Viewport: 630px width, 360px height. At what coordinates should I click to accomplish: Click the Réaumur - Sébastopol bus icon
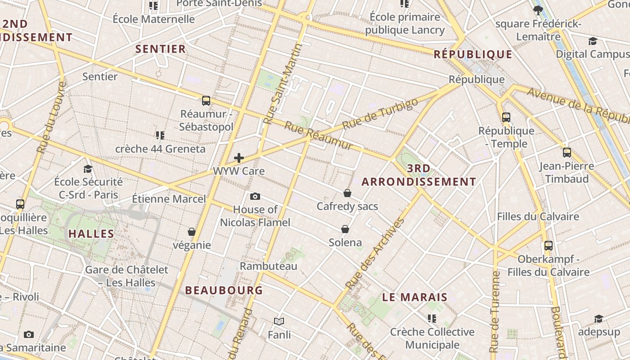(x=206, y=101)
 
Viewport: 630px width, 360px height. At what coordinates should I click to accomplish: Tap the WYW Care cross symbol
(x=239, y=158)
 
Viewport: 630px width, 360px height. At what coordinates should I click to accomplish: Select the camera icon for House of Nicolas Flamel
(x=255, y=197)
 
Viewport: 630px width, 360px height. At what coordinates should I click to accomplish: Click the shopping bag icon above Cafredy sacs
(x=347, y=193)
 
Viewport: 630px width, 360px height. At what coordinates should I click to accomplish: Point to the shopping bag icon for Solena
(x=345, y=229)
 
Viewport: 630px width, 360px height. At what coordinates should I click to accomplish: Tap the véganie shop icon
(x=192, y=232)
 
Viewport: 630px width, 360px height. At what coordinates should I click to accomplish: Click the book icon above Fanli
(x=279, y=321)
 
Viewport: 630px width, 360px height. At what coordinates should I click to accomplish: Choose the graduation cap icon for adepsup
(x=598, y=319)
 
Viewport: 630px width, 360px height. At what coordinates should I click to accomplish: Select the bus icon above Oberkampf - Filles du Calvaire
(x=548, y=246)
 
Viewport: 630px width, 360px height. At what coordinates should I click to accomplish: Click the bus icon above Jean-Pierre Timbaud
(x=567, y=153)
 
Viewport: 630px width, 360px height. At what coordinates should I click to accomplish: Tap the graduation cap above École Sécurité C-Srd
(x=88, y=169)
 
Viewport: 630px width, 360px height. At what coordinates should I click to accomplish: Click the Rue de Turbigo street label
(x=380, y=114)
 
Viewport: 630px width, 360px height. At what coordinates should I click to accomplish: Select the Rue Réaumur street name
(x=319, y=136)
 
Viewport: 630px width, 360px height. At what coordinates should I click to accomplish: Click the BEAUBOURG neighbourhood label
(x=224, y=290)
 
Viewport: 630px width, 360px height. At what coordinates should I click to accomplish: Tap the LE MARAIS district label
(x=415, y=297)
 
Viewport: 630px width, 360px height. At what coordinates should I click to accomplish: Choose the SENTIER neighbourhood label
(x=161, y=49)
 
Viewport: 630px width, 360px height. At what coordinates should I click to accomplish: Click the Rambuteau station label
(x=269, y=266)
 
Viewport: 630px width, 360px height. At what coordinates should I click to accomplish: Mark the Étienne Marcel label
(x=169, y=198)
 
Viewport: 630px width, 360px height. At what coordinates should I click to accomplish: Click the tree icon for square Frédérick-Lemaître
(x=538, y=10)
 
